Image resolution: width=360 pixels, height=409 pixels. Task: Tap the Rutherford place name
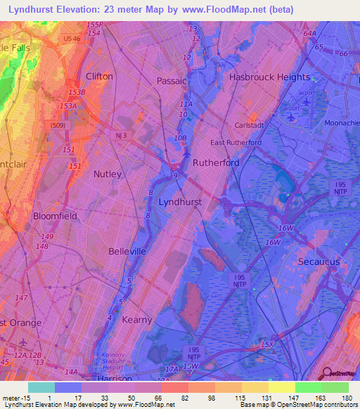pos(216,162)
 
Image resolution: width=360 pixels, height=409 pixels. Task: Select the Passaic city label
pos(172,80)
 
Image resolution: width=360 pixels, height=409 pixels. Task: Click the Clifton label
pos(98,76)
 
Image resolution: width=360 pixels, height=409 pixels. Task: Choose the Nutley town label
pos(107,174)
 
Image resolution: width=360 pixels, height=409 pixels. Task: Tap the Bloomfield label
pos(55,216)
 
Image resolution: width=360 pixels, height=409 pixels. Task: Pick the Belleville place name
pos(127,251)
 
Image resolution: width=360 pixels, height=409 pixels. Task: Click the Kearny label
pos(136,320)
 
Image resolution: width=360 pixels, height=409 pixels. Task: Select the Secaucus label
pos(318,261)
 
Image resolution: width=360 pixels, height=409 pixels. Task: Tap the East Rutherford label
pos(236,143)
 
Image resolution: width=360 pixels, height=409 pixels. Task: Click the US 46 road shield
pos(71,39)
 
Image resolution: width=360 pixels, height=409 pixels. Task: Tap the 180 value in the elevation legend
pos(345,398)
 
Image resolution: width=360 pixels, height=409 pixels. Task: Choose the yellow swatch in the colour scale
pos(281,387)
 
